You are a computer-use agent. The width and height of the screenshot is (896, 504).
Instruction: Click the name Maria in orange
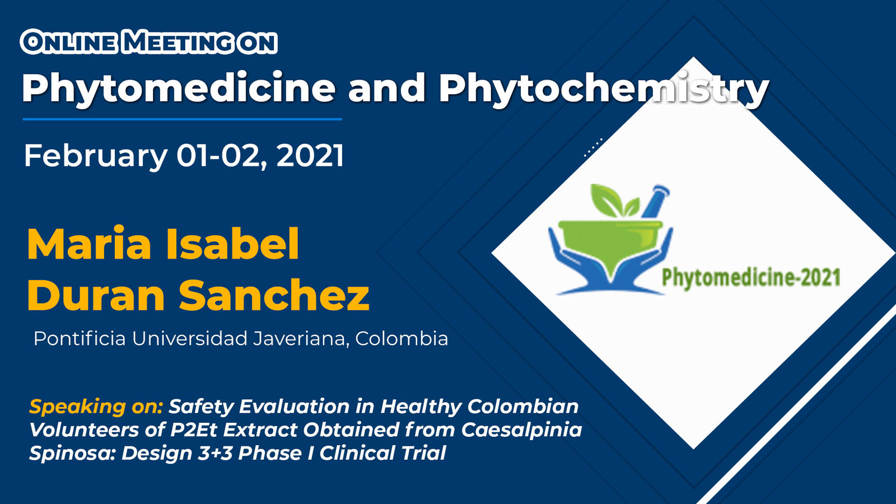[89, 244]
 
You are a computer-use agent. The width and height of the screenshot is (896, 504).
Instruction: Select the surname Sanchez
[274, 295]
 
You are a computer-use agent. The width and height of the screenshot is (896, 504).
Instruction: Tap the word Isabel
[232, 244]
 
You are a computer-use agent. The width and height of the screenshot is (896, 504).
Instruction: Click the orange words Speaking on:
[96, 407]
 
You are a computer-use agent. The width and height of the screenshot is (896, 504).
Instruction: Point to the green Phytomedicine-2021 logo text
[751, 278]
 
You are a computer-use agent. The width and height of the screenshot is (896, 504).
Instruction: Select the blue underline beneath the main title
[183, 119]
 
